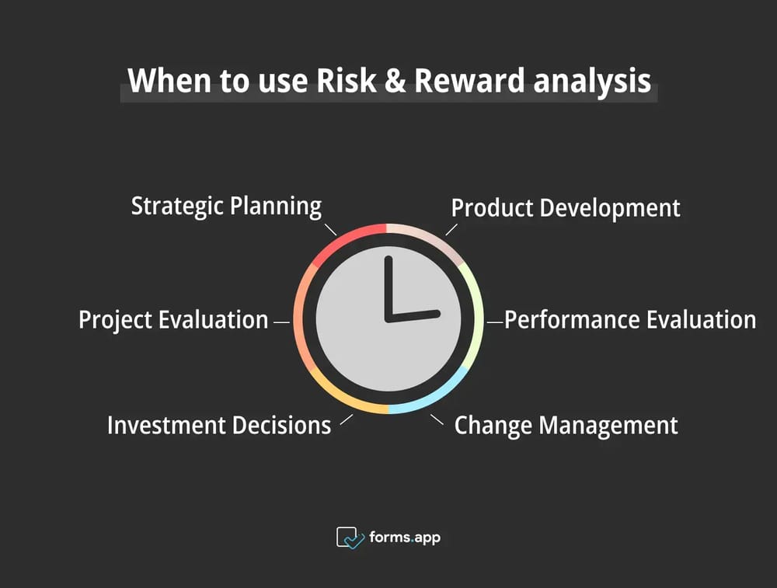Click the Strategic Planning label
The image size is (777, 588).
(x=226, y=207)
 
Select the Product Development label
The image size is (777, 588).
(x=566, y=208)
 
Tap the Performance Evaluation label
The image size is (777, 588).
(x=630, y=320)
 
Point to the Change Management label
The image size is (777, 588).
(x=566, y=426)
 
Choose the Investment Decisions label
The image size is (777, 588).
(x=219, y=426)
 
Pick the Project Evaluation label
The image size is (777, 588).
(x=173, y=320)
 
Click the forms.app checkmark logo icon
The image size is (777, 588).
(x=350, y=537)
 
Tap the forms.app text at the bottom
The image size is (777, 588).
(x=404, y=537)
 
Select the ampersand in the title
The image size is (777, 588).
(x=395, y=81)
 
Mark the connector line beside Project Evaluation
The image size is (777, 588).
(x=281, y=320)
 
